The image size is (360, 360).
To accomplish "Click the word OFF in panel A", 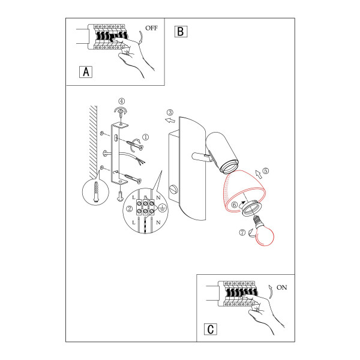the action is tap(151, 28).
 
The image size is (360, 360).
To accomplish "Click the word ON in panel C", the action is tap(282, 287).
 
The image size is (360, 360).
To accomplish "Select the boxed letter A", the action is tap(86, 72).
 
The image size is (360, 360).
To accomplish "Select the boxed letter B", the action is tap(181, 31).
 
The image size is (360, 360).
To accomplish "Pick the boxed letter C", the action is tap(211, 329).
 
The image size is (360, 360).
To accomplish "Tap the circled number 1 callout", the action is tap(146, 137).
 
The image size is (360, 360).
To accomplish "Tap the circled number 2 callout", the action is tap(130, 208).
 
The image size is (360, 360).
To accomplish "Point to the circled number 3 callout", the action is tap(170, 113).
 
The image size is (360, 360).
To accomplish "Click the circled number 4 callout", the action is tap(122, 101).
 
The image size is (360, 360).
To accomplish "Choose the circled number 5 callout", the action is tap(265, 171).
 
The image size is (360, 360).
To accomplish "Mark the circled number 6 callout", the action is tap(234, 205).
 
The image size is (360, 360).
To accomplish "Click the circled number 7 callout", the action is tap(242, 232).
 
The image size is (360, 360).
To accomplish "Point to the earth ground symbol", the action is tap(162, 208).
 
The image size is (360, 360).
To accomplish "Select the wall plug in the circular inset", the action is tap(96, 192).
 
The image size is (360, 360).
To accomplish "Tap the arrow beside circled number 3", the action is tap(170, 121).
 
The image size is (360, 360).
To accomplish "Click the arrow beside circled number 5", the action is tap(259, 174).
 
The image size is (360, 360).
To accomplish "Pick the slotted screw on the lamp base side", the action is tap(174, 190).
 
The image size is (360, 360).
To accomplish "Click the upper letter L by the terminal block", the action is tap(134, 197).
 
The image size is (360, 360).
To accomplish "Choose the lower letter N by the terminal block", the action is tap(158, 223).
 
